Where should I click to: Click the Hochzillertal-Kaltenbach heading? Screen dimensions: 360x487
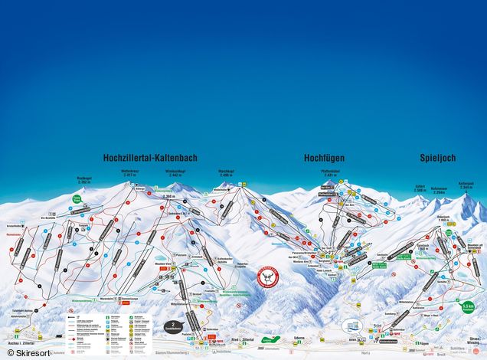(145, 158)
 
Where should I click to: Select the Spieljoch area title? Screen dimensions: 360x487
(438, 158)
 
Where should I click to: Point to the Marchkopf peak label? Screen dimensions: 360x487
(225, 174)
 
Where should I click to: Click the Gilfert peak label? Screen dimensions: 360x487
(420, 188)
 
